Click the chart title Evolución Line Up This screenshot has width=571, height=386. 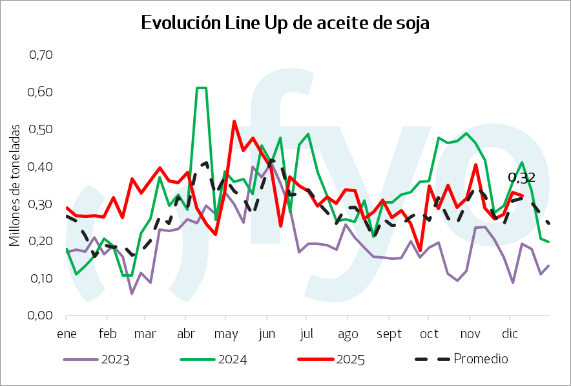pos(285,23)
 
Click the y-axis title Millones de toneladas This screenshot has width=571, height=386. pos(14,186)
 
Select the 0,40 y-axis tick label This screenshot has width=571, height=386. pos(41,167)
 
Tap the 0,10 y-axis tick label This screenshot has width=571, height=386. pos(41,279)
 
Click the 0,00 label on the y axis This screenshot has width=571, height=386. pos(41,316)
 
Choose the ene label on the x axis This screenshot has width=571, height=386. pos(67,334)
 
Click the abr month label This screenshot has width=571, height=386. pos(185,334)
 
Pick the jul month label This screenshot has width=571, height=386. pos(307,334)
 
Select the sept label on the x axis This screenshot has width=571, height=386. pos(388,334)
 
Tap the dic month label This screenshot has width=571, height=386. pos(510,334)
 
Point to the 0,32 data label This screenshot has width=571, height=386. pos(521,177)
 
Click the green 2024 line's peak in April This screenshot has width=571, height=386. pos(202,87)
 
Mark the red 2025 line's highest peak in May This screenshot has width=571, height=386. pos(234,121)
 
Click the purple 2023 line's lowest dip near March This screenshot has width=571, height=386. pos(132,294)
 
